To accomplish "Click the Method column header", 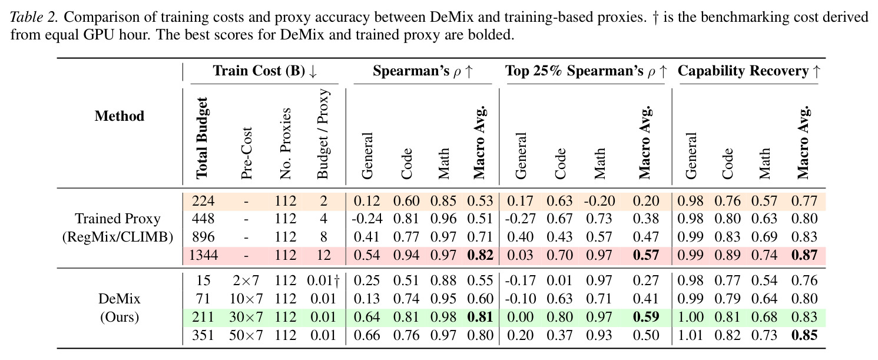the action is pyautogui.click(x=119, y=116).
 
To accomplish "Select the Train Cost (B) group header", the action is pyautogui.click(x=265, y=71).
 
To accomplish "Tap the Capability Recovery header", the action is pyautogui.click(x=748, y=71).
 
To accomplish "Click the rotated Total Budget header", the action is pyautogui.click(x=201, y=138).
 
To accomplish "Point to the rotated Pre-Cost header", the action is pyautogui.click(x=246, y=153).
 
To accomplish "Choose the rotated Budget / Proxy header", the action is pyautogui.click(x=323, y=134).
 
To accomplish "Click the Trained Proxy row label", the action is pyautogui.click(x=118, y=219).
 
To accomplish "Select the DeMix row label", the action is pyautogui.click(x=119, y=299).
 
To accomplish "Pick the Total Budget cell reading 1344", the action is pyautogui.click(x=203, y=255).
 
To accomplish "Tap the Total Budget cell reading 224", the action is pyautogui.click(x=203, y=201).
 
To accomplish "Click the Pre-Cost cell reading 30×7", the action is pyautogui.click(x=246, y=317).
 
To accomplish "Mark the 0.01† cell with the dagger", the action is pyautogui.click(x=323, y=280).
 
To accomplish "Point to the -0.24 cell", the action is pyautogui.click(x=367, y=219).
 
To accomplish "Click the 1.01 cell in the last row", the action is pyautogui.click(x=690, y=335).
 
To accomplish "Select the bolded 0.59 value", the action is pyautogui.click(x=646, y=317).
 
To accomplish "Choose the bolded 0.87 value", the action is pyautogui.click(x=804, y=255).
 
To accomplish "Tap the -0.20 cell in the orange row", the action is pyautogui.click(x=599, y=201).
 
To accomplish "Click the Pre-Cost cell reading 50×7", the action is pyautogui.click(x=246, y=335).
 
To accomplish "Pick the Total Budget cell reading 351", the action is pyautogui.click(x=203, y=335).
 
